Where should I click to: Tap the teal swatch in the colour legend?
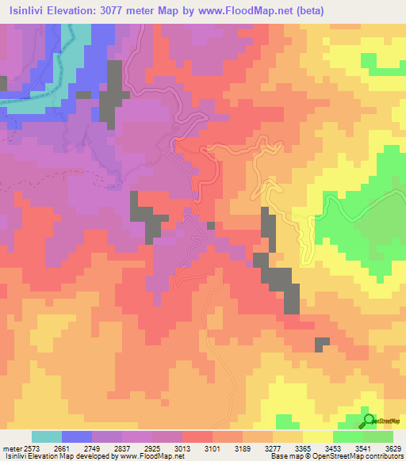pyautogui.click(x=47, y=436)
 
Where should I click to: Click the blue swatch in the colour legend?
pyautogui.click(x=77, y=436)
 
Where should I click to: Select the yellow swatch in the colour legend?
pyautogui.click(x=318, y=436)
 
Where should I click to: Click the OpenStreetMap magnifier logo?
pyautogui.click(x=368, y=421)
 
